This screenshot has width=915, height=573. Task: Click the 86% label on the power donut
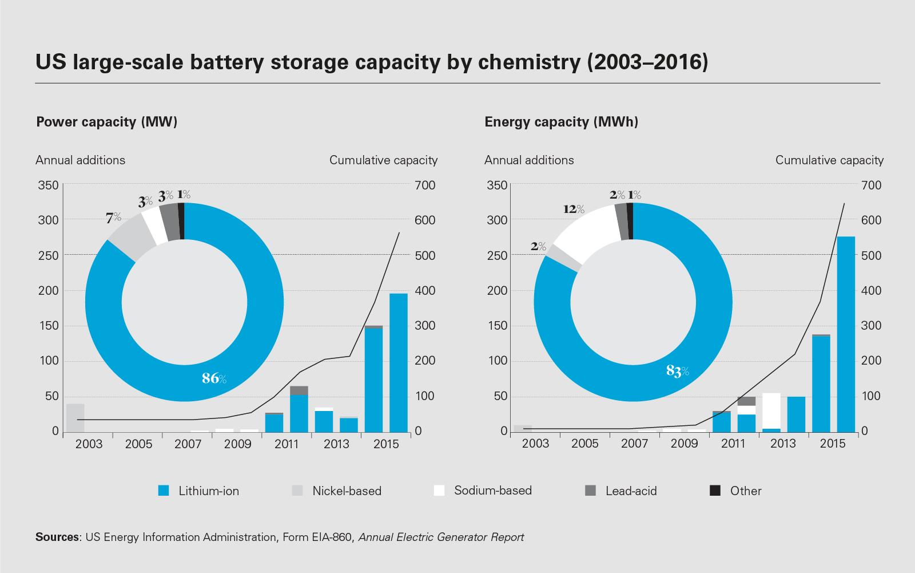click(x=214, y=378)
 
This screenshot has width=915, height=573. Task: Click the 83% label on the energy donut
click(x=678, y=371)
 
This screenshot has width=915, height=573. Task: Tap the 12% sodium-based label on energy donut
click(x=574, y=209)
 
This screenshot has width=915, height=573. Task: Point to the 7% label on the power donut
click(x=113, y=218)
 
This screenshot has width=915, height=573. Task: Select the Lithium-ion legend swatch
click(x=164, y=491)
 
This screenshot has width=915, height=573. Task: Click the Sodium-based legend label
click(x=493, y=491)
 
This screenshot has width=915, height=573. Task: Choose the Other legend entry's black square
click(x=715, y=491)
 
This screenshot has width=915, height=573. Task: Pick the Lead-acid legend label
click(x=631, y=491)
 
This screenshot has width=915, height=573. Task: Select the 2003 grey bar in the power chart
click(x=75, y=418)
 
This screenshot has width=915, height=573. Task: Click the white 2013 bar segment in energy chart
click(x=771, y=410)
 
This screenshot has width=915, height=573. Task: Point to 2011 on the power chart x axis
click(x=287, y=444)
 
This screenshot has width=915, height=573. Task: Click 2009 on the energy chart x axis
click(x=684, y=444)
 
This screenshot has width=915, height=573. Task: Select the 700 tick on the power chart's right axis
click(x=425, y=185)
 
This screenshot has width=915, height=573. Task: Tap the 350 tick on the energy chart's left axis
click(x=497, y=185)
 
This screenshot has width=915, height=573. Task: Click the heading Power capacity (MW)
click(x=107, y=122)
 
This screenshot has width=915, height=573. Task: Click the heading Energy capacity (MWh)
click(x=561, y=122)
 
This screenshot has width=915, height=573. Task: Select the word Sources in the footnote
click(x=57, y=537)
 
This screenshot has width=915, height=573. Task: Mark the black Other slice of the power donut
click(x=181, y=221)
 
